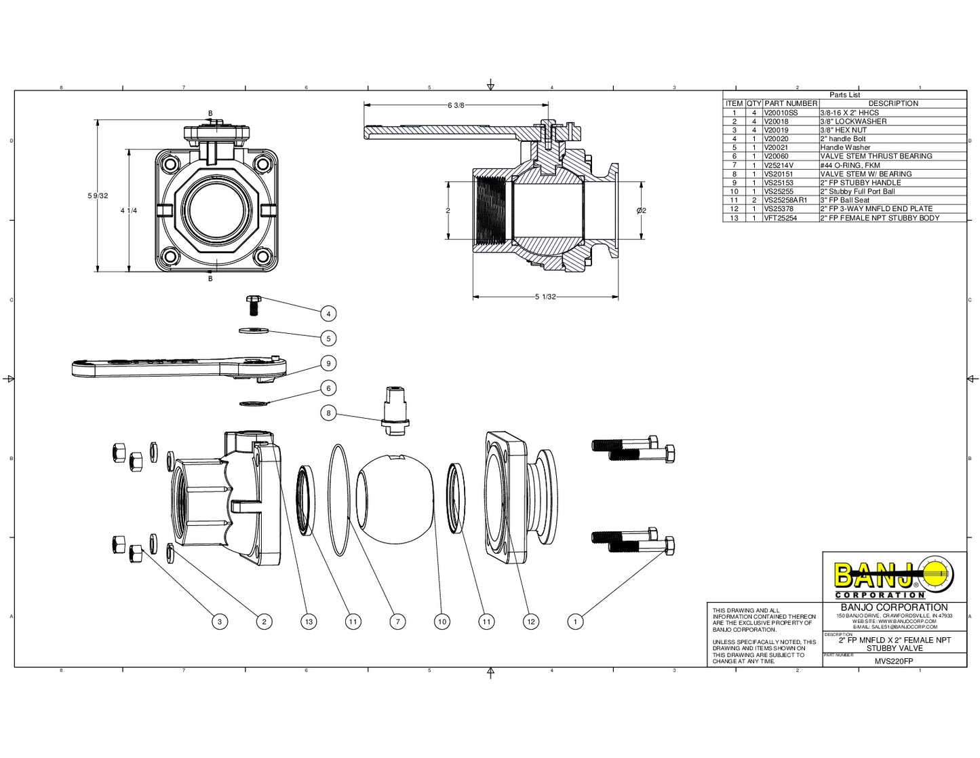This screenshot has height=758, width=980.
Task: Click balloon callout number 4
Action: [x=328, y=314]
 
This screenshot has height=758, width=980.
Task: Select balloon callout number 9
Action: [x=328, y=364]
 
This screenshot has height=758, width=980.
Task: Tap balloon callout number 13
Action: [x=309, y=621]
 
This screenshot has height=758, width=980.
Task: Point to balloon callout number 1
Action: [x=575, y=621]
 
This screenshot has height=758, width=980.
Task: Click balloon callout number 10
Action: [x=442, y=621]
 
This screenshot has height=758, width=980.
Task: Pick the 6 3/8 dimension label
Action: [x=456, y=105]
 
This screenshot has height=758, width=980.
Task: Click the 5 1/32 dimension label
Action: [x=545, y=297]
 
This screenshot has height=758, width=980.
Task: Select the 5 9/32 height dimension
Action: [x=98, y=195]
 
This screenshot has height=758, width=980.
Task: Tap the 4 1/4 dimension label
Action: [x=129, y=210]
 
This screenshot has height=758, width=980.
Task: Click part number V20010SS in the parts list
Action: [x=781, y=113]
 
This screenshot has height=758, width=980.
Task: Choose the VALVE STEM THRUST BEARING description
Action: [x=876, y=156]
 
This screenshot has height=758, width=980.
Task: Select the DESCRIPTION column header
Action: [x=893, y=103]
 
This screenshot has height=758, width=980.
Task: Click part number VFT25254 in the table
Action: [x=781, y=218]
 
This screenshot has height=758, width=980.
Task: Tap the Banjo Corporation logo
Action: [x=894, y=577]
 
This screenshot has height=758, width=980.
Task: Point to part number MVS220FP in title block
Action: [x=893, y=661]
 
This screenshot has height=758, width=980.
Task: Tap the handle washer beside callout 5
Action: [x=254, y=330]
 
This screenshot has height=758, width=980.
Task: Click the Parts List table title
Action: [x=844, y=95]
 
